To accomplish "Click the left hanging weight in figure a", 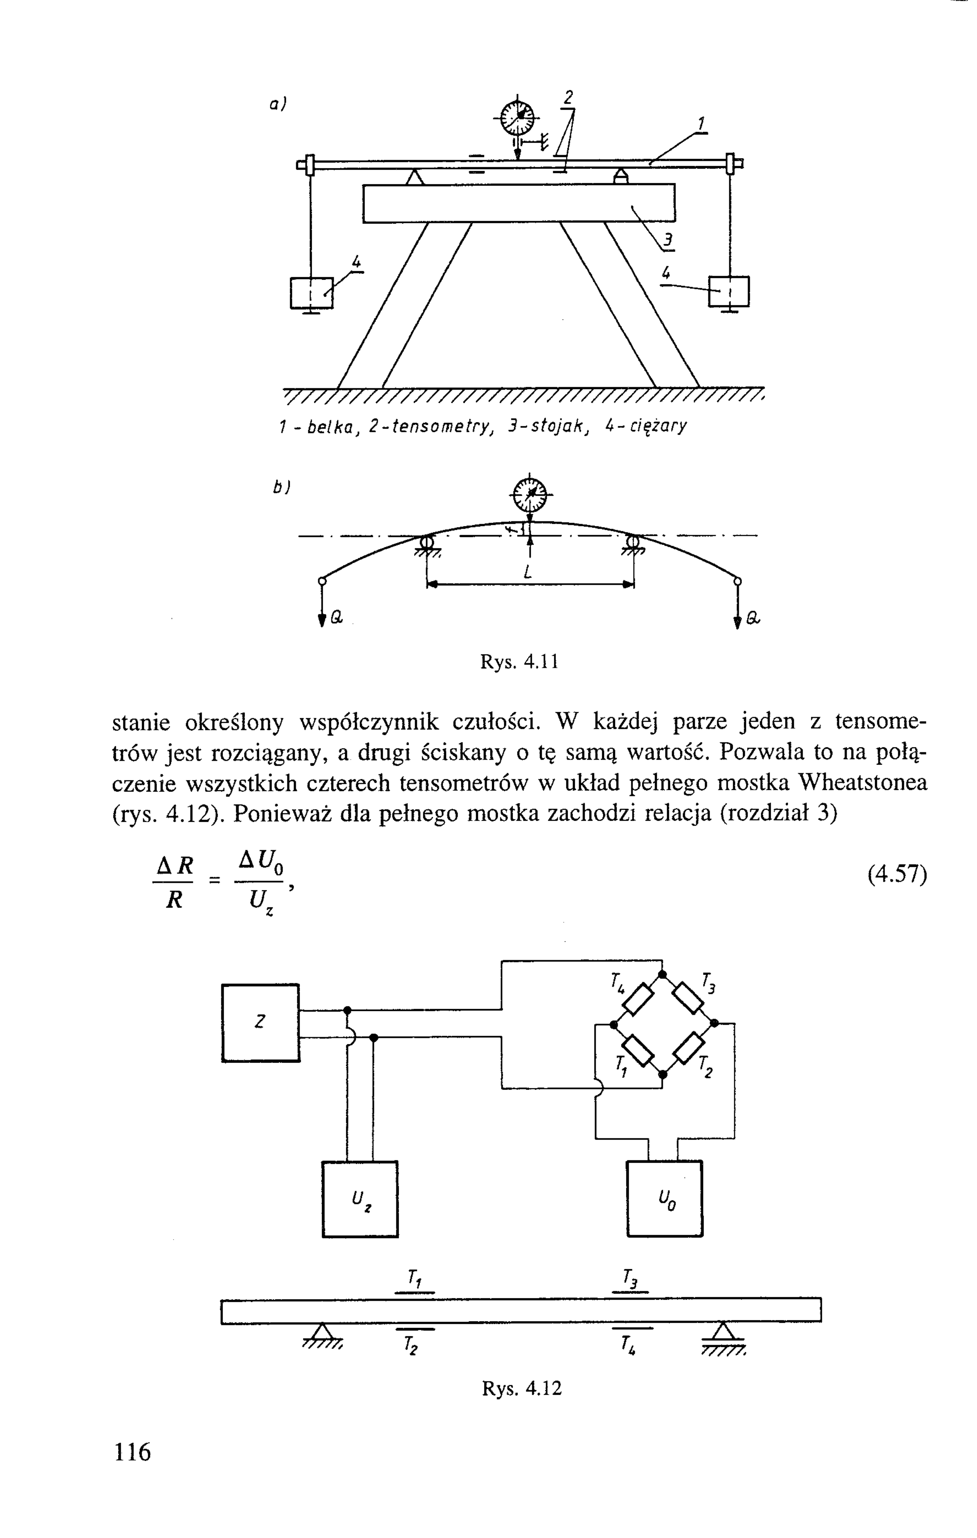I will [311, 292].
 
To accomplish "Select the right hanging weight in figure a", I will [729, 291].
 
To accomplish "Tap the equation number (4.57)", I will [896, 875].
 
